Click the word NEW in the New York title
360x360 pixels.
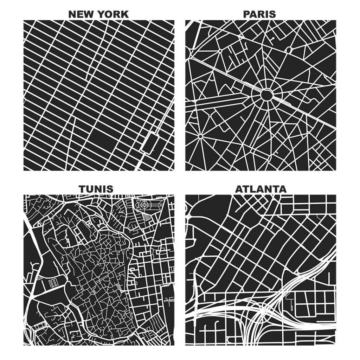[x=79, y=14]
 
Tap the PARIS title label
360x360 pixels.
[x=259, y=14]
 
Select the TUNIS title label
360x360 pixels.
[x=96, y=189]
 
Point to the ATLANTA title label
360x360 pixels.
[x=261, y=189]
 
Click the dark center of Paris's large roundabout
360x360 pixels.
[x=267, y=95]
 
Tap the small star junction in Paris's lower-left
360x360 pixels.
[x=201, y=136]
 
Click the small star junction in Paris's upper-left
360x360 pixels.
[x=220, y=51]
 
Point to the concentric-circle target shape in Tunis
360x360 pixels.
[x=143, y=204]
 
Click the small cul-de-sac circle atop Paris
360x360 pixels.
[x=273, y=37]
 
